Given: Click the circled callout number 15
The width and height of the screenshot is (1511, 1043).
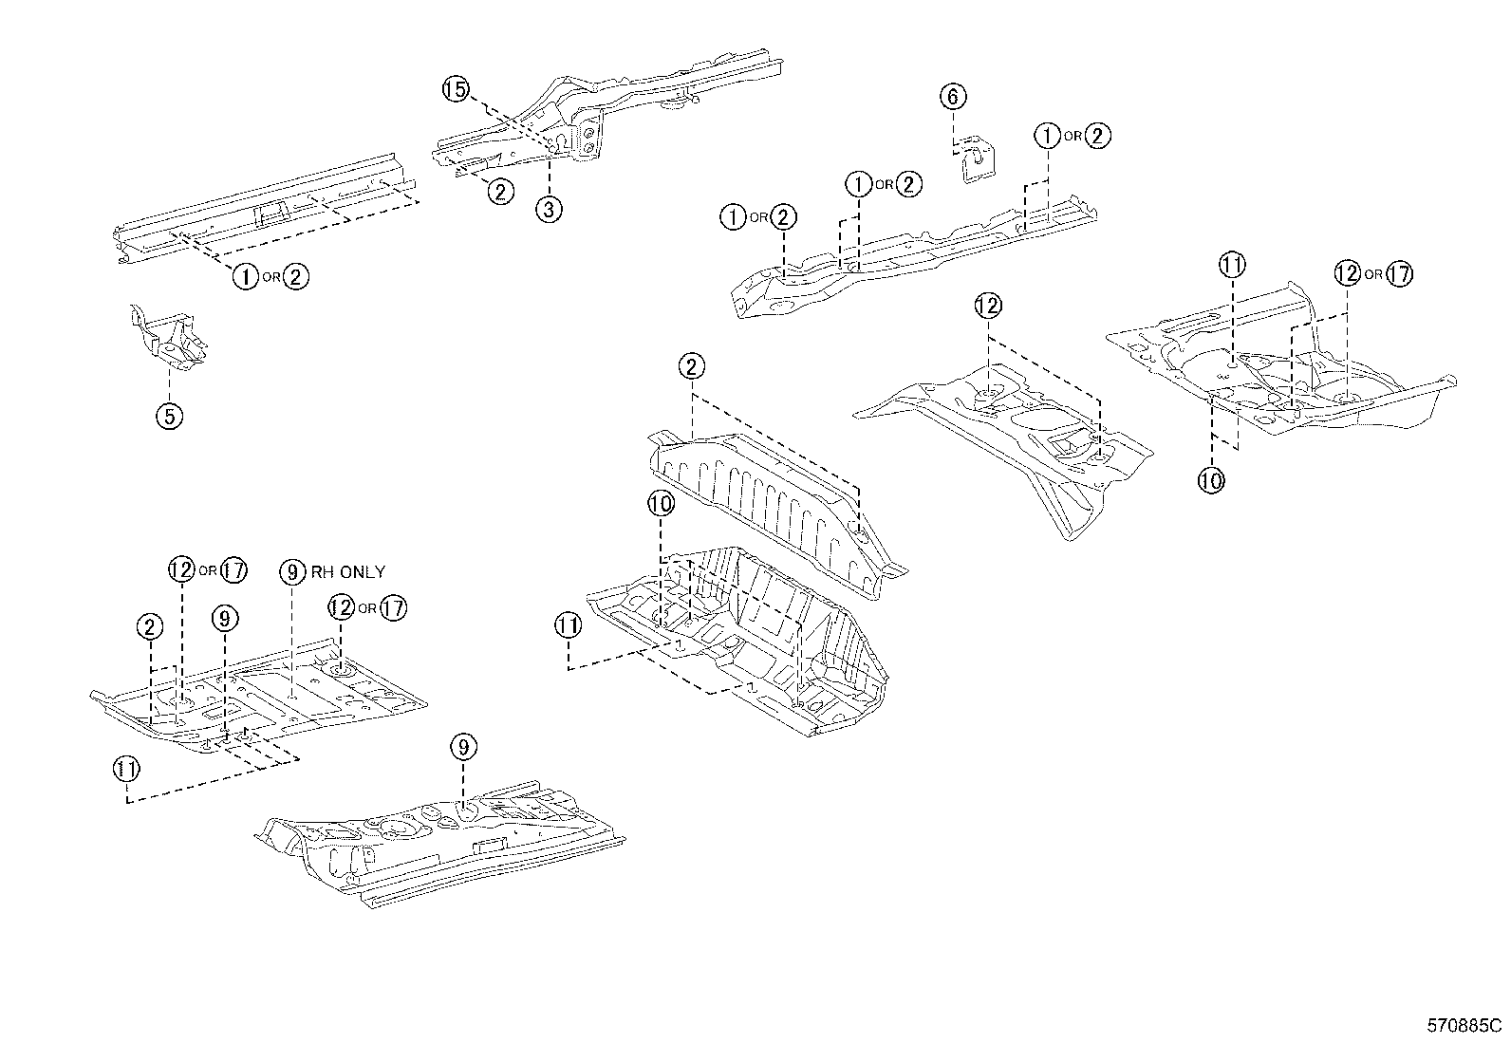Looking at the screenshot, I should click(x=456, y=90).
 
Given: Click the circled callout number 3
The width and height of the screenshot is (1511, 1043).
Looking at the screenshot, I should click(x=549, y=209).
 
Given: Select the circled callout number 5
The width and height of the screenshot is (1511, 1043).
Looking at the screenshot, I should click(x=169, y=416).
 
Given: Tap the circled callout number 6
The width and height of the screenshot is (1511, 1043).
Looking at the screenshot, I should click(x=954, y=96).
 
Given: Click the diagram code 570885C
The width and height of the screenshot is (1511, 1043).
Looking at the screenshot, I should click(x=1464, y=1026).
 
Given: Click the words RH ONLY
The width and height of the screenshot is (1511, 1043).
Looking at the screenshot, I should click(x=348, y=571).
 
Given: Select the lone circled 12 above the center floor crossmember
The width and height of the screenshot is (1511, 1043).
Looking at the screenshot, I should click(x=987, y=306).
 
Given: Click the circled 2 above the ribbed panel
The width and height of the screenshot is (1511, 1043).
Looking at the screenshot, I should click(x=691, y=366).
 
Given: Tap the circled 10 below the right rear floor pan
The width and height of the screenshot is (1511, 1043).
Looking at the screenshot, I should click(x=1211, y=480).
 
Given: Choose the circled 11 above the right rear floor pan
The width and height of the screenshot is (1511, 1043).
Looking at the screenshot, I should click(x=1232, y=265).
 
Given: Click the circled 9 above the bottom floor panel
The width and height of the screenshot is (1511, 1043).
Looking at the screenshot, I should click(x=462, y=749).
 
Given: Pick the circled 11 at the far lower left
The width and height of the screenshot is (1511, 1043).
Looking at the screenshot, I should click(x=126, y=769).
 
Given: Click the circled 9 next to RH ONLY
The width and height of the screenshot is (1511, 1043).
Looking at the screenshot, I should click(x=293, y=571).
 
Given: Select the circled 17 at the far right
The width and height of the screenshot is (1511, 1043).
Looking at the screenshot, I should click(x=1398, y=274).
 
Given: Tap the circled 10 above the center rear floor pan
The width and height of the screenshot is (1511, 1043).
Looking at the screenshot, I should click(x=661, y=503).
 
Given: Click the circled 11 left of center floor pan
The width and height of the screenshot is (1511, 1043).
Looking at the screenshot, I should click(x=568, y=625).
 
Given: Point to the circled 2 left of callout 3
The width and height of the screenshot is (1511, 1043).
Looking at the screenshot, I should click(x=500, y=192).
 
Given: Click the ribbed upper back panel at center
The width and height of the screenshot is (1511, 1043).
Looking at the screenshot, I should click(x=769, y=503).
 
